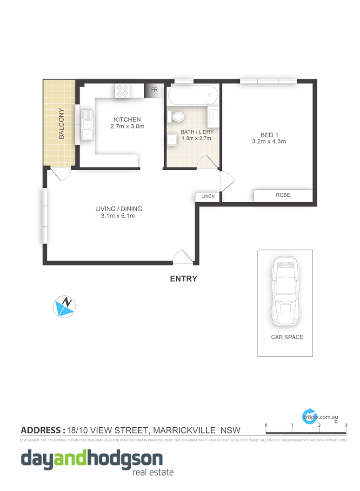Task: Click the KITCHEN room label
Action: point(127,119)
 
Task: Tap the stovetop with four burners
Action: point(123,91)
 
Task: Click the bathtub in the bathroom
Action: point(193,95)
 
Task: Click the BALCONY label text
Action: point(61,124)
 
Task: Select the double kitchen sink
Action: point(87,125)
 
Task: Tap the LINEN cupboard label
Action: point(208,197)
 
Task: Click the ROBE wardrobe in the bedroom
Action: point(282,195)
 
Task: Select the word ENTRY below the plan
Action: point(183,279)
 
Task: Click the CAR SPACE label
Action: point(287,337)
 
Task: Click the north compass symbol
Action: point(66,306)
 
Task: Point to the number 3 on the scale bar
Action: point(346,425)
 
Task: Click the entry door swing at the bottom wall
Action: point(182,257)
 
